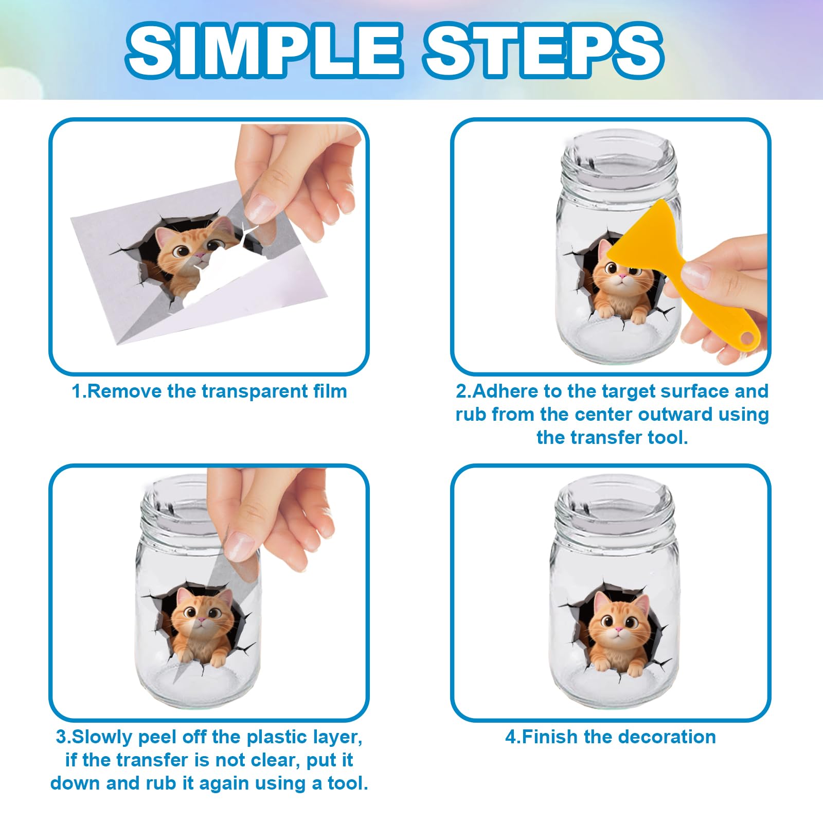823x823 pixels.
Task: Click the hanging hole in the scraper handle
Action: click(747, 338)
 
